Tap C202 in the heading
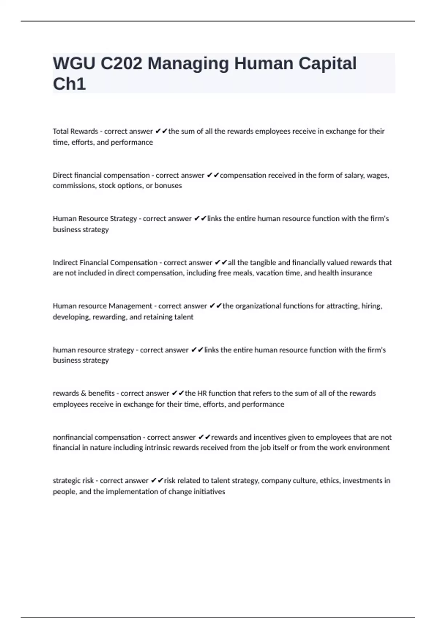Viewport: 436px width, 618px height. (121, 64)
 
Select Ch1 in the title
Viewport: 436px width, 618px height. (69, 84)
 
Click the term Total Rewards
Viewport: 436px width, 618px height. (75, 131)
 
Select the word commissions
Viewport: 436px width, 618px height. (74, 186)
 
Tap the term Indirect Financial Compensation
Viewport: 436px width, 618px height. (105, 262)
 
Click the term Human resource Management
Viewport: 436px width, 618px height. (102, 306)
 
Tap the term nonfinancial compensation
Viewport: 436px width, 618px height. (97, 437)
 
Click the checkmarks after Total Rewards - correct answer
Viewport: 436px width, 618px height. (161, 131)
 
